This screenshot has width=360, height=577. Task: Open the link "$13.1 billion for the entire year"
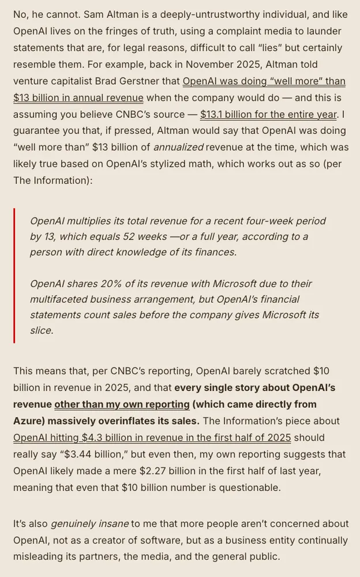[268, 114]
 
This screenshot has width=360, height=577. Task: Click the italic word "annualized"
[178, 148]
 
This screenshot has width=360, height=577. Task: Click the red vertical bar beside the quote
[14, 276]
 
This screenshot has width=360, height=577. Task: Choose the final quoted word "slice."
[42, 331]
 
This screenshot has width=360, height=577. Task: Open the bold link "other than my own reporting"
[122, 404]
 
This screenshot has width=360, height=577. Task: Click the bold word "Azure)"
[29, 421]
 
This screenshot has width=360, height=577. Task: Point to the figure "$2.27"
[152, 471]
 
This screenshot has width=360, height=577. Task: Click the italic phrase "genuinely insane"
[89, 524]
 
